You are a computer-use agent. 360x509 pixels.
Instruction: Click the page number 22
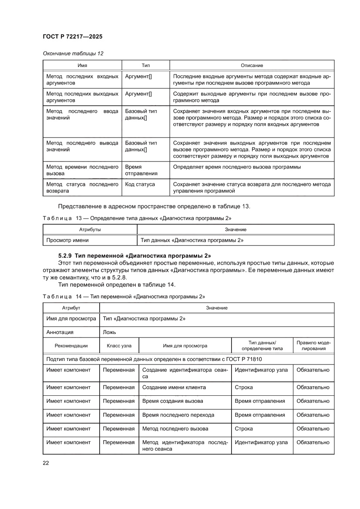click(45, 463)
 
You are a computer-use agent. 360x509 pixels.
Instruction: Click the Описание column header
click(252, 65)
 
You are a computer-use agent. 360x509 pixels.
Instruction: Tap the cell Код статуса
click(140, 184)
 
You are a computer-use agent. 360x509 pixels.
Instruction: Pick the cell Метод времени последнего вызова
click(82, 170)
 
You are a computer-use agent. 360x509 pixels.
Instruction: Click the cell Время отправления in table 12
click(141, 170)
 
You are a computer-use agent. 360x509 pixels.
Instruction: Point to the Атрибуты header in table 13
click(90, 229)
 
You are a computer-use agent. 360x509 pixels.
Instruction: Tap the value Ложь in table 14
click(109, 332)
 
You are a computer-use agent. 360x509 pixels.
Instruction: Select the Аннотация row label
click(60, 332)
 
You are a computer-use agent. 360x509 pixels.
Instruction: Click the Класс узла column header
click(119, 346)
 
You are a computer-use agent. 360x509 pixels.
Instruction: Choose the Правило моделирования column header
click(313, 346)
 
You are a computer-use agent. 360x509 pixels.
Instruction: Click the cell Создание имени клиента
click(174, 387)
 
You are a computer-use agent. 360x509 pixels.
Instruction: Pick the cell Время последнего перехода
click(178, 415)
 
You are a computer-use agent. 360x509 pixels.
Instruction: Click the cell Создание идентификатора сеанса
click(185, 373)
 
